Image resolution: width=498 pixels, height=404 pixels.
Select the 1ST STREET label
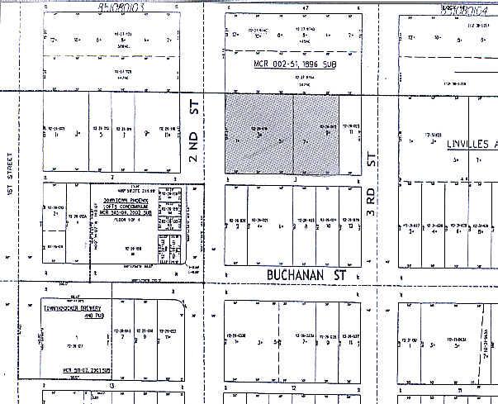[10, 176]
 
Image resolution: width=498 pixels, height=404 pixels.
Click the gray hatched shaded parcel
[282, 133]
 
